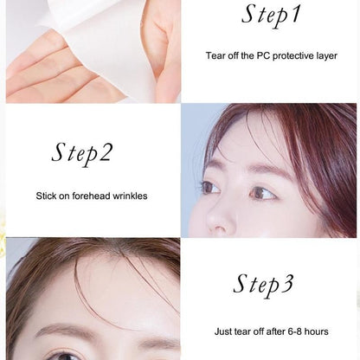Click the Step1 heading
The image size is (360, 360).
pyautogui.click(x=271, y=15)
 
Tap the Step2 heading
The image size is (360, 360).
pyautogui.click(x=82, y=153)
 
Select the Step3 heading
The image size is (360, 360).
pyautogui.click(x=264, y=284)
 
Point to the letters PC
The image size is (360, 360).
pyautogui.click(x=263, y=55)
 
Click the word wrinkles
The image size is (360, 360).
pyautogui.click(x=130, y=196)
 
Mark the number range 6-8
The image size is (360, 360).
pyautogui.click(x=295, y=331)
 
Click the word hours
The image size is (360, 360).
pyautogui.click(x=317, y=331)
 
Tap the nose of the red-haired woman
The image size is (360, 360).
pyautogui.click(x=218, y=219)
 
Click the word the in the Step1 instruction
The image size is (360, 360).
pyautogui.click(x=247, y=55)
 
